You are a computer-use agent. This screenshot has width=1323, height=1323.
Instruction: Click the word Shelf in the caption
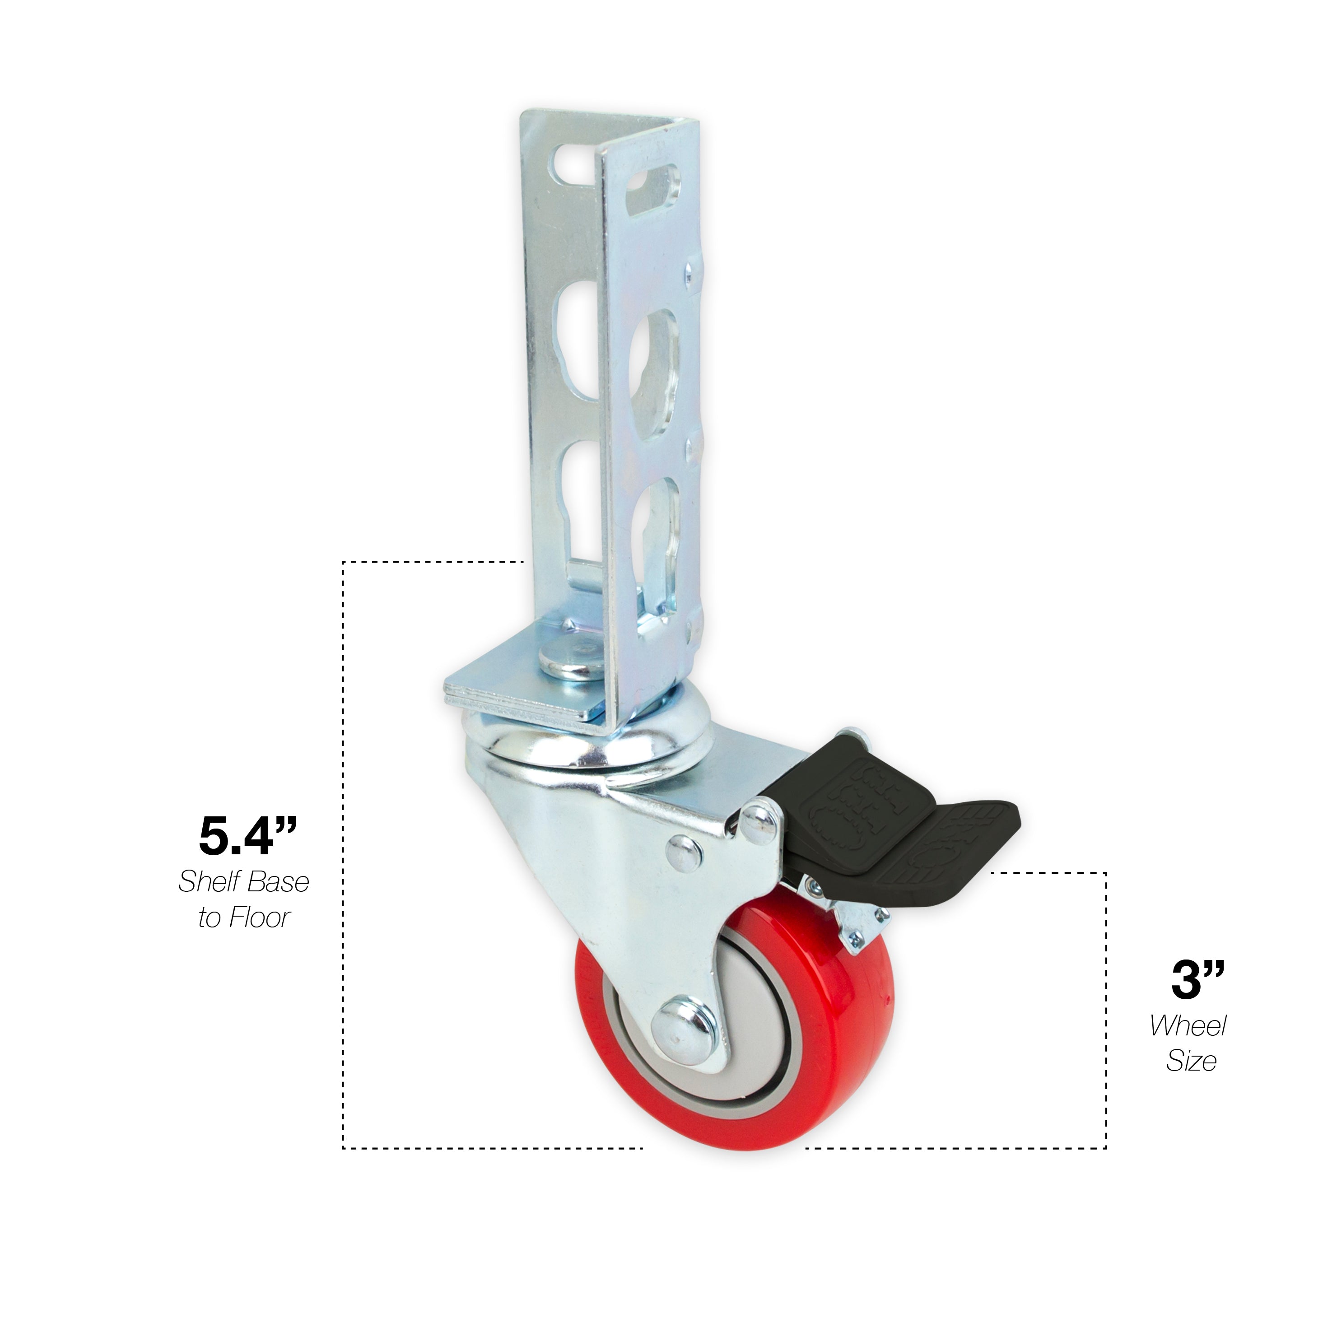[x=206, y=882]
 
